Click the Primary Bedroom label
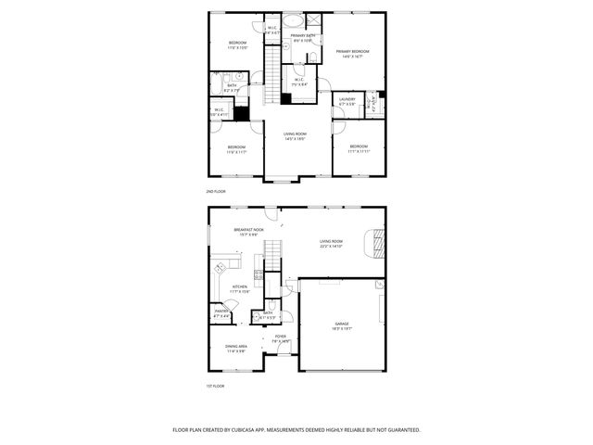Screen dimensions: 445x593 point(353,52)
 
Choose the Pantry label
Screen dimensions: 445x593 point(221,312)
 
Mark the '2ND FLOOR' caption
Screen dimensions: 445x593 point(217,191)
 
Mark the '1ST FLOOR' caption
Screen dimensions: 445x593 point(216,386)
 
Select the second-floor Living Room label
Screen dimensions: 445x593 point(295,134)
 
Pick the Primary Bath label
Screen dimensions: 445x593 point(304,37)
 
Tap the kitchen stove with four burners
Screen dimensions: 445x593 point(221,269)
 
